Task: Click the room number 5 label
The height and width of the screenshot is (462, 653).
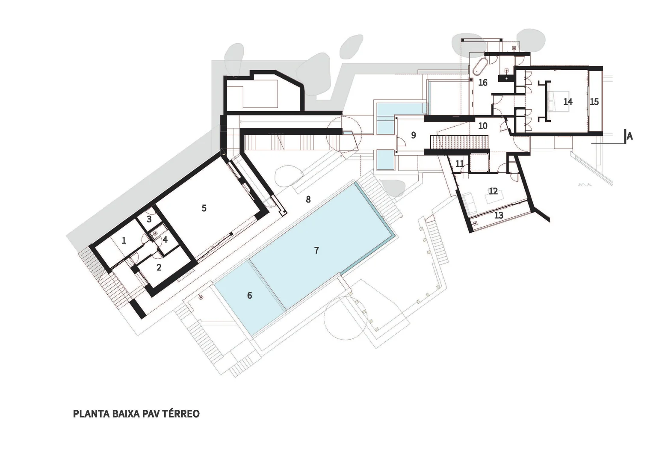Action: coord(204,208)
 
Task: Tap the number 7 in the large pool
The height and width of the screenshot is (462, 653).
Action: coord(316,250)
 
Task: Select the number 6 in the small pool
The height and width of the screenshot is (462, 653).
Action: coord(250,296)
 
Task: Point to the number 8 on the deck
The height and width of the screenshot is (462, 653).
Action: coord(308,199)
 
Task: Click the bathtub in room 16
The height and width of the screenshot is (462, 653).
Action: coord(480,66)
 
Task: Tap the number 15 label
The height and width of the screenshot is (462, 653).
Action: coord(594,102)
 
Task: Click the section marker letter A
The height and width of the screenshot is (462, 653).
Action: coord(629,136)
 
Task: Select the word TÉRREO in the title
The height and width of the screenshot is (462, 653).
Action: coord(181,414)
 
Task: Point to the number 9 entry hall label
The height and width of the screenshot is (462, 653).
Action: coord(414,135)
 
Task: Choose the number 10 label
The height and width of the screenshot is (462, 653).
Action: coord(483,126)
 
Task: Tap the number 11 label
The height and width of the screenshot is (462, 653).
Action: coord(460,164)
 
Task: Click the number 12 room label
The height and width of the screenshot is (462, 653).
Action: coord(493,191)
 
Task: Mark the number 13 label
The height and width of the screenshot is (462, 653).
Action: coord(499,215)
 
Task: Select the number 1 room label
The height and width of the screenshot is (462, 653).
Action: coord(124,240)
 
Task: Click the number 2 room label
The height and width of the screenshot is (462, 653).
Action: coord(159,267)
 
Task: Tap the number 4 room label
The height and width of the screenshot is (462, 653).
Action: coord(165,240)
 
